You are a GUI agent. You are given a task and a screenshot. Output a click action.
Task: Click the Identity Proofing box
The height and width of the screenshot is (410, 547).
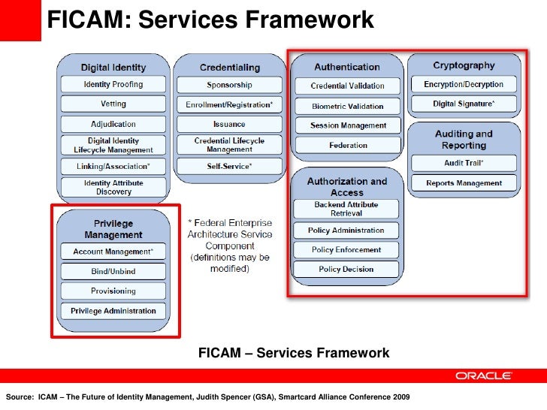pyautogui.click(x=113, y=84)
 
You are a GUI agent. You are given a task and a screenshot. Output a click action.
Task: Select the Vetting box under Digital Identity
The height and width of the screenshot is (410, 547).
pyautogui.click(x=113, y=104)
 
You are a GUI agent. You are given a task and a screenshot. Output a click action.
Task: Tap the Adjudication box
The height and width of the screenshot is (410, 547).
pyautogui.click(x=113, y=124)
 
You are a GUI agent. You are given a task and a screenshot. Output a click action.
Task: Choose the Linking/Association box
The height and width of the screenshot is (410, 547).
pyautogui.click(x=113, y=165)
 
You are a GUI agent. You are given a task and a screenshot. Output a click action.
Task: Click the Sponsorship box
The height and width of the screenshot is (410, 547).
pyautogui.click(x=229, y=85)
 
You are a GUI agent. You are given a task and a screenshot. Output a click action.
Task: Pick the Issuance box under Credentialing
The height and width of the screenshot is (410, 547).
pyautogui.click(x=229, y=124)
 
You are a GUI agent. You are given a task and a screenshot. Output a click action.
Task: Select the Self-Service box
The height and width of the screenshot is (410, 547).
pyautogui.click(x=229, y=165)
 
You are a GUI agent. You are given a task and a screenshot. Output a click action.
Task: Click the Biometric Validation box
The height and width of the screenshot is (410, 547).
pyautogui.click(x=348, y=106)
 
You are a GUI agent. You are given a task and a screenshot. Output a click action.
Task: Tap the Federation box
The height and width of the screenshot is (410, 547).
pyautogui.click(x=348, y=145)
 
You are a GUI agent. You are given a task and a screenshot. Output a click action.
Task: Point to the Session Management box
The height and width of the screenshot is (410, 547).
pyautogui.click(x=348, y=125)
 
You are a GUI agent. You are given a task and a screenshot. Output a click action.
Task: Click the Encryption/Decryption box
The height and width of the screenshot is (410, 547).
pyautogui.click(x=464, y=84)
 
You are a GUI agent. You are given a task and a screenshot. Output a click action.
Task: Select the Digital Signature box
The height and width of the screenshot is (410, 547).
pyautogui.click(x=464, y=104)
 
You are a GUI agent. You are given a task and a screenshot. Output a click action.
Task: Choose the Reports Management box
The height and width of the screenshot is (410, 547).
pyautogui.click(x=464, y=182)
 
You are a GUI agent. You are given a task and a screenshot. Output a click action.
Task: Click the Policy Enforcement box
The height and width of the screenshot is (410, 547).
pyautogui.click(x=346, y=249)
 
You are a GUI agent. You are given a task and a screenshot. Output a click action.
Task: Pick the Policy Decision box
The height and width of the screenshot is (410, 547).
pyautogui.click(x=346, y=269)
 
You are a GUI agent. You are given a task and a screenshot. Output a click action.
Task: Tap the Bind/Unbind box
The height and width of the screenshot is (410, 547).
pyautogui.click(x=113, y=270)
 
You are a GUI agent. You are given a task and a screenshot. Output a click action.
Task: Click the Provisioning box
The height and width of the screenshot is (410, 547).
pyautogui.click(x=113, y=291)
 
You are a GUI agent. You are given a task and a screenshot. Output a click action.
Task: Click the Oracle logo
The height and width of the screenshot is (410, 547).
pyautogui.click(x=484, y=376)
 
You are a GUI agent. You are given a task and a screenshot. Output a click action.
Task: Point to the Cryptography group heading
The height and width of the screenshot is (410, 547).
pyautogui.click(x=464, y=65)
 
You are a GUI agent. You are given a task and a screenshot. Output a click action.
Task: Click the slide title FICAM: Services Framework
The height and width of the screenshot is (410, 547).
pyautogui.click(x=211, y=21)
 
